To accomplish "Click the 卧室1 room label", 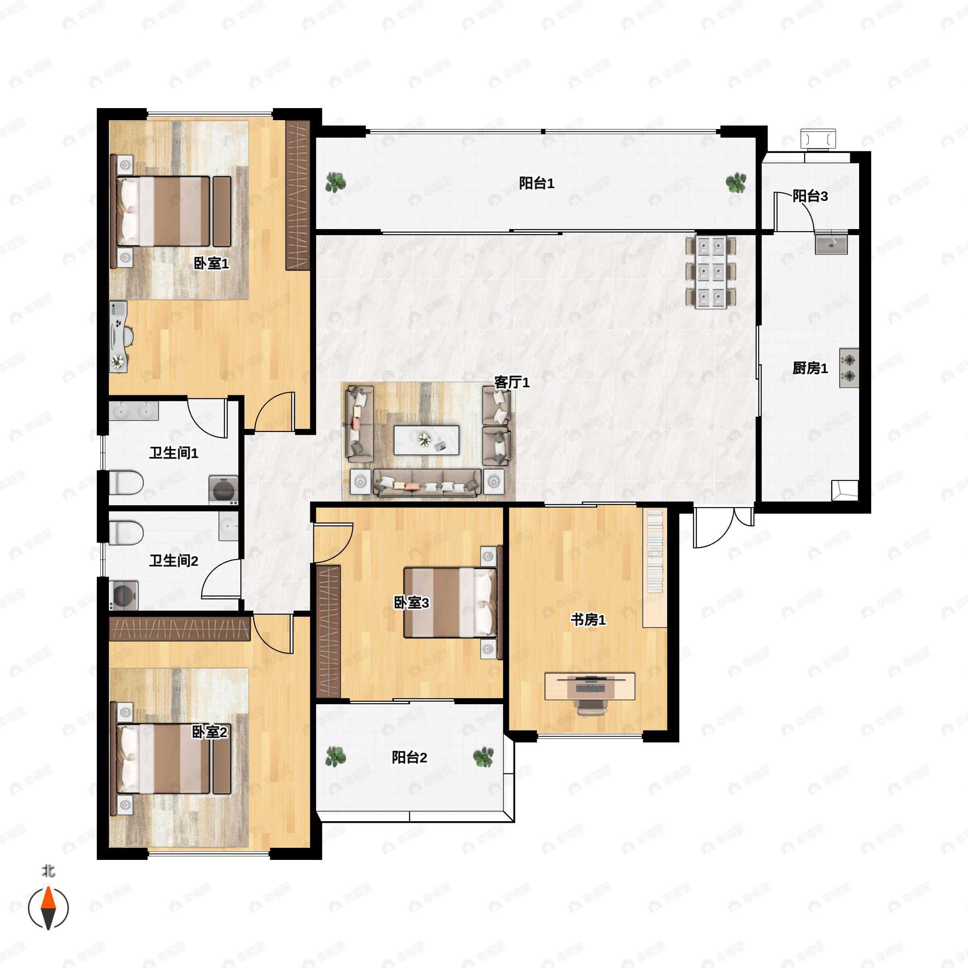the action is [x=211, y=263].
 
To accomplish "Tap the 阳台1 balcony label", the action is [x=536, y=184].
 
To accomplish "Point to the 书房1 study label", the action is [x=588, y=620].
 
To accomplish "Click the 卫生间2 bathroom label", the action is [x=173, y=561].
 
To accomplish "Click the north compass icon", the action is [x=48, y=908].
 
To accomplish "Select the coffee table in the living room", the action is [x=426, y=440].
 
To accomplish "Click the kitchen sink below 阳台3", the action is [x=831, y=244].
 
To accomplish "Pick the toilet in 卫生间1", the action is [x=126, y=482].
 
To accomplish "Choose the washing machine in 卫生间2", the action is [x=124, y=595].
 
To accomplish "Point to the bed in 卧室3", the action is [x=451, y=602].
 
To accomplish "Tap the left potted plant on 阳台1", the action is [x=335, y=182].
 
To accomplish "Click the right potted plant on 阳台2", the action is [x=484, y=757].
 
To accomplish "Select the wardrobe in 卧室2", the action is [x=179, y=629].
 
